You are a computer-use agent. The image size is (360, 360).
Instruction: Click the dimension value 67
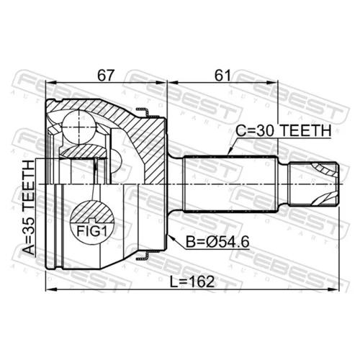coord(105,75)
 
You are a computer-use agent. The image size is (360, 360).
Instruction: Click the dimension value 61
coord(222,75)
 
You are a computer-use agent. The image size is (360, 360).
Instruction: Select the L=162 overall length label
coord(192,282)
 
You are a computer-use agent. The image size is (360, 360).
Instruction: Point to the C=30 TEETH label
coord(284,130)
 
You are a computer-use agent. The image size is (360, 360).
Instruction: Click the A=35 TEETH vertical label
coord(29,207)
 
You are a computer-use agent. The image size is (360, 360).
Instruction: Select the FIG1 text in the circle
coord(91,231)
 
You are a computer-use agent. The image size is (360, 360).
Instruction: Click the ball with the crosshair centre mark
coord(79,127)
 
